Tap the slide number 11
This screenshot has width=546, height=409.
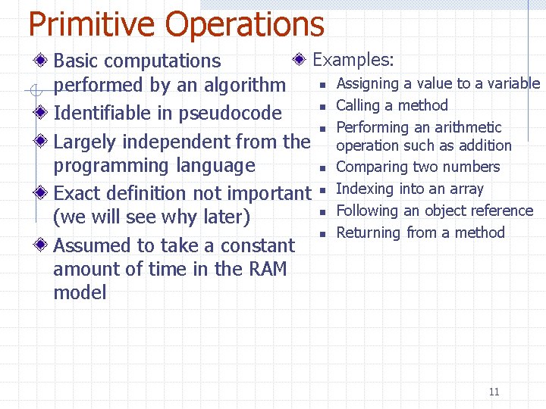click(x=494, y=392)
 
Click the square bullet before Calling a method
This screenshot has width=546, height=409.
click(x=322, y=107)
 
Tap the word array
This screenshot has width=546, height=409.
click(x=466, y=189)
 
